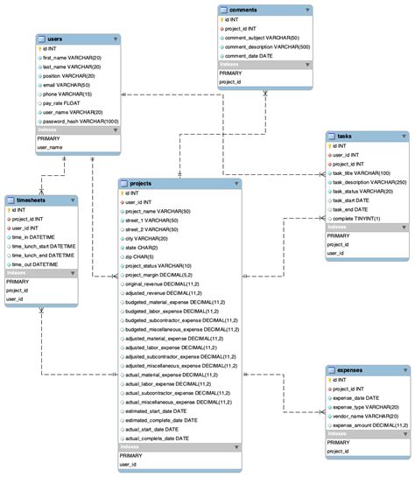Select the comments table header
(x=245, y=10)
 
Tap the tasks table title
(x=345, y=136)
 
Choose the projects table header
(x=142, y=184)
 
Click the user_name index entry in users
(x=50, y=148)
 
